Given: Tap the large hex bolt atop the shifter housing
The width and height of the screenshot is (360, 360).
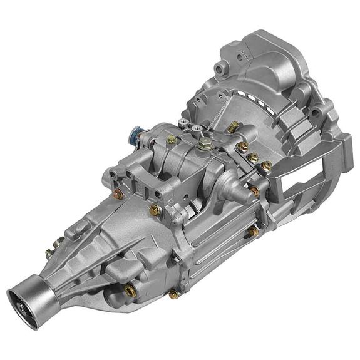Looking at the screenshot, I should (203, 144).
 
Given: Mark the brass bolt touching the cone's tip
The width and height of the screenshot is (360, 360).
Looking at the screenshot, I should (255, 191).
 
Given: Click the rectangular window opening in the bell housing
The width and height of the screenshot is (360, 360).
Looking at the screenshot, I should (299, 182).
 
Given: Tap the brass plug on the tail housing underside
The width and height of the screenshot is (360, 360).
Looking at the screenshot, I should (130, 290).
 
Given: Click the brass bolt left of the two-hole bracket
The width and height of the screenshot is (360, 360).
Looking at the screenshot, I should (117, 194).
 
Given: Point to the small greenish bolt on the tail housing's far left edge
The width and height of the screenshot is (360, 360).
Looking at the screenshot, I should (48, 254).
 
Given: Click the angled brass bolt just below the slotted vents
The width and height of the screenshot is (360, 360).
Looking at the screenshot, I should (233, 127).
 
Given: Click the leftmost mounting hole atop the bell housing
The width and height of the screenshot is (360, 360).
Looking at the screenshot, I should (219, 68).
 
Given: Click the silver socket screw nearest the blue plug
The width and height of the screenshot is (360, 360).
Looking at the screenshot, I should (182, 123).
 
